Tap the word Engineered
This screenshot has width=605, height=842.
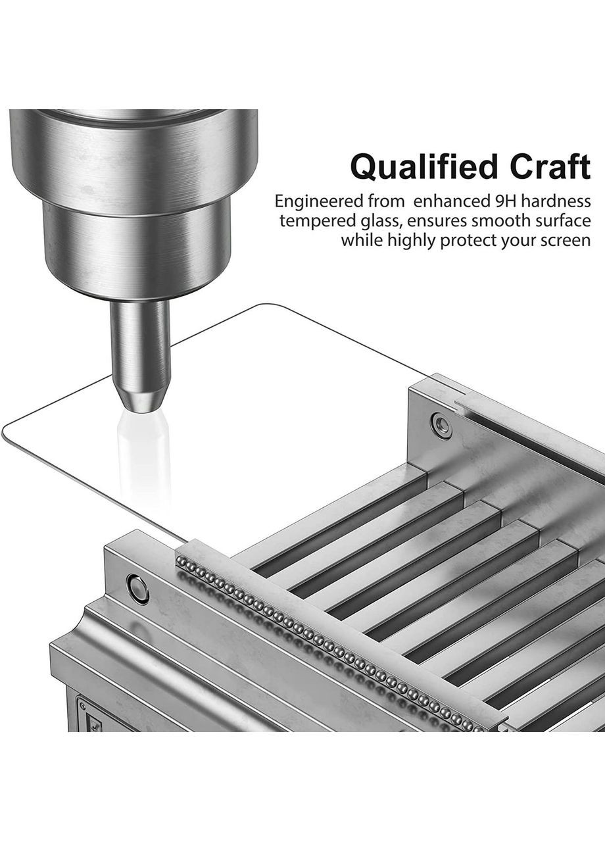pos(318,201)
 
